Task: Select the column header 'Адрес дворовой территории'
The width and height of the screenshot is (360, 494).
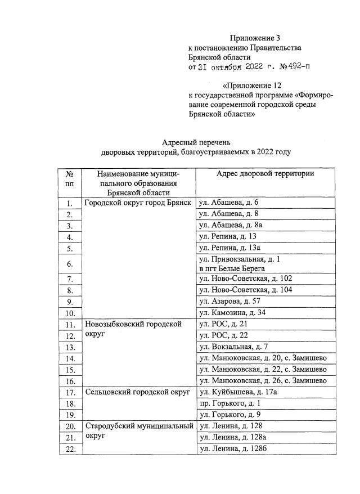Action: pos(265,174)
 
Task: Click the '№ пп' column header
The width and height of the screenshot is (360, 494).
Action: pos(70,179)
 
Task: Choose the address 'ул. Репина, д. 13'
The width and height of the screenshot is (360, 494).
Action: pos(228,237)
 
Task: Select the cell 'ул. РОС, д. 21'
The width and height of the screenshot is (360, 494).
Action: pos(224,325)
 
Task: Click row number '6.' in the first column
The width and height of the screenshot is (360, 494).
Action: pos(70,264)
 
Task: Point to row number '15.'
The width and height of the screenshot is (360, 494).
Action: pos(70,370)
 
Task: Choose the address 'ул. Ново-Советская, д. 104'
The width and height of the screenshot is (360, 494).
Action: pos(246,290)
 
